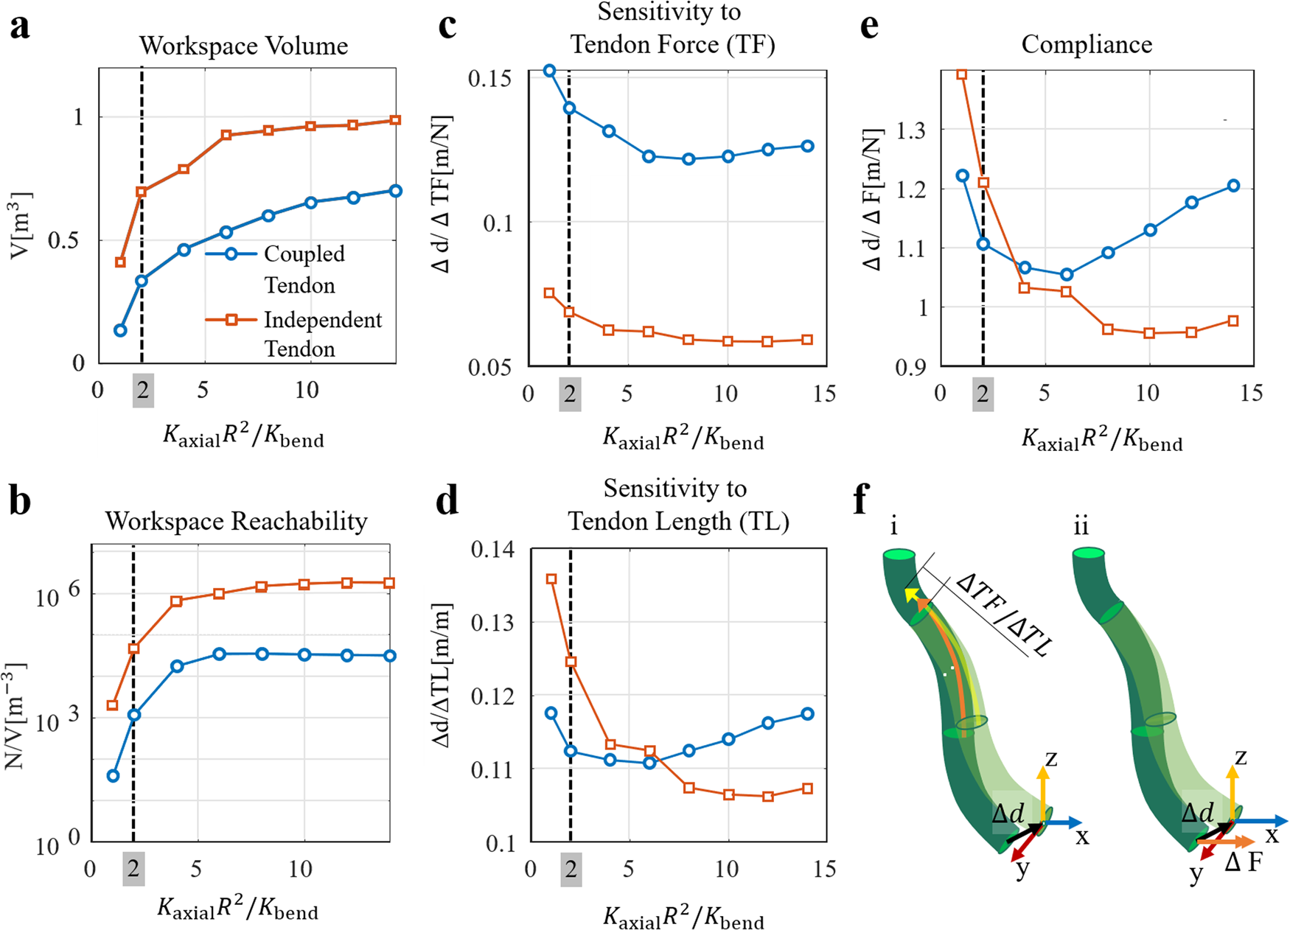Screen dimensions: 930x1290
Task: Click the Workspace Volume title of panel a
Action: click(x=243, y=46)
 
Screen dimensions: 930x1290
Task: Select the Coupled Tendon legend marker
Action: click(x=231, y=254)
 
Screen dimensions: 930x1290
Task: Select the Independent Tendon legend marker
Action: click(x=231, y=320)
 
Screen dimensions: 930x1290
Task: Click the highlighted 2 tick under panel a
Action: click(x=143, y=391)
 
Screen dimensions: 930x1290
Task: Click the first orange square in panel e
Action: click(x=961, y=74)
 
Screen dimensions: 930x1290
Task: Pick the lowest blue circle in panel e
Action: click(x=1066, y=275)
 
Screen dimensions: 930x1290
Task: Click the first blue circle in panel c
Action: click(x=549, y=71)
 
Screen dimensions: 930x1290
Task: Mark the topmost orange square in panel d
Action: click(x=551, y=579)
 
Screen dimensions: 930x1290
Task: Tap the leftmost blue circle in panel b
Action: click(x=113, y=776)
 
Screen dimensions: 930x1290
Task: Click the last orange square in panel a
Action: click(x=395, y=120)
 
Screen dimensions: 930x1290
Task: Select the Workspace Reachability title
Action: click(x=236, y=522)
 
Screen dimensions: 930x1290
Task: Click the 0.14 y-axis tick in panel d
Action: click(x=492, y=550)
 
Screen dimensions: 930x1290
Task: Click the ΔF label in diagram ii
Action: click(x=1243, y=861)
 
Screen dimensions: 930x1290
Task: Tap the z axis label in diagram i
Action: click(x=1051, y=758)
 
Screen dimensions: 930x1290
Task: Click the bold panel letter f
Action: click(x=860, y=501)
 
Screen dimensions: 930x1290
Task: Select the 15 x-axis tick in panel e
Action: click(x=1250, y=394)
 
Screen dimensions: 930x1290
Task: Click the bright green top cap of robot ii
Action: click(x=1088, y=553)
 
